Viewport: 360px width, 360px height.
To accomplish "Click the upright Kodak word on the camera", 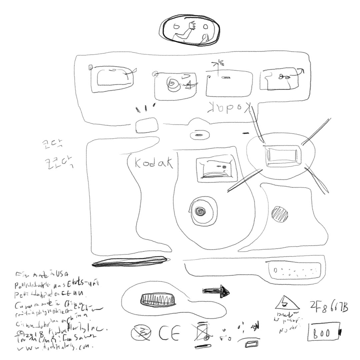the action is pos(154,163).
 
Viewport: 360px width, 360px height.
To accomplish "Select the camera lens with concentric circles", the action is pos(201,211).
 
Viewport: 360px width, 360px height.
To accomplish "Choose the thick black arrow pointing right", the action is pos(217,291).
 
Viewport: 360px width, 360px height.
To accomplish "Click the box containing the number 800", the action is pos(324,332).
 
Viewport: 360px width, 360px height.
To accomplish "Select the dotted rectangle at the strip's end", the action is pos(294,270).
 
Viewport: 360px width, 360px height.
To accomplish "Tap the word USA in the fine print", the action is pos(61,275).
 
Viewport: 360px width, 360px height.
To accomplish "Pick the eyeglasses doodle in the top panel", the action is pos(283,77).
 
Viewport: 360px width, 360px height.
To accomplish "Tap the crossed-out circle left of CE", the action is pos(141,333).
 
